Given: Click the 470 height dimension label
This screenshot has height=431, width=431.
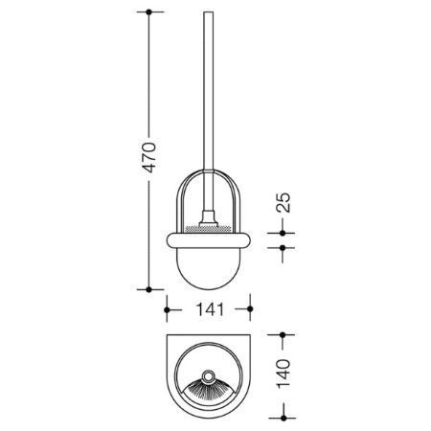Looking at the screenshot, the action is coord(149,157).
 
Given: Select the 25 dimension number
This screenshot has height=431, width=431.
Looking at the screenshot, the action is coord(284,202).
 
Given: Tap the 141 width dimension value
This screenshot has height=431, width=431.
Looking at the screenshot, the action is coord(210,309).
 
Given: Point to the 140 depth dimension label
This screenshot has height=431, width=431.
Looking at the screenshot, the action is coord(284,374).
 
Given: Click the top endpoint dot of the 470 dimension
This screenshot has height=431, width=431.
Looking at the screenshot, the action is coord(148,11).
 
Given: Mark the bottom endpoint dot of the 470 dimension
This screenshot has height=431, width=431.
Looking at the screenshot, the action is coord(148,289).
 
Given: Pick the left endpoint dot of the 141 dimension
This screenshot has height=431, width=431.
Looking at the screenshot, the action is coord(167,309).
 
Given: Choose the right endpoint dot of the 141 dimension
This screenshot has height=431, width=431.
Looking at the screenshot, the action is coord(250,309).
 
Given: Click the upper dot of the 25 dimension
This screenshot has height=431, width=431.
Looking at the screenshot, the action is coord(283,233).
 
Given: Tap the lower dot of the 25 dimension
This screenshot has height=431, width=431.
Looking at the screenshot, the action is coord(283,247).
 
